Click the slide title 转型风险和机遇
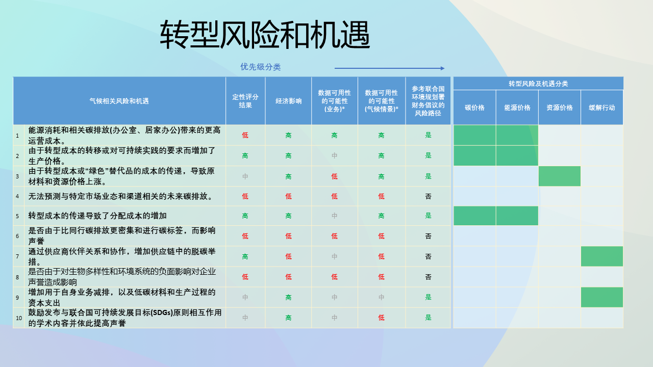[x=265, y=35]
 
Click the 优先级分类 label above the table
[x=260, y=67]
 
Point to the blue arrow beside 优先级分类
[x=389, y=68]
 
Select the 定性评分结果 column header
[x=245, y=101]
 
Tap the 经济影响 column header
[x=288, y=101]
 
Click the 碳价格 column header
[x=474, y=108]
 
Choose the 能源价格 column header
[x=517, y=108]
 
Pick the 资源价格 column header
[x=560, y=108]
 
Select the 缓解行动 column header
[x=602, y=108]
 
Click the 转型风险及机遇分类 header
[x=538, y=84]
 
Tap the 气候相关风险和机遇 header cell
[x=119, y=101]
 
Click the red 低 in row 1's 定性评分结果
[x=245, y=135]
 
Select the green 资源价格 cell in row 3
[x=560, y=176]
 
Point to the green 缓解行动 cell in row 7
[x=602, y=256]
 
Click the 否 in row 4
[x=428, y=196]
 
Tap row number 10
[x=19, y=318]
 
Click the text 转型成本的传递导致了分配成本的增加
[x=97, y=216]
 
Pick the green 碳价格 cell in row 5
[x=474, y=216]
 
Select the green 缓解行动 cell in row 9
[x=602, y=297]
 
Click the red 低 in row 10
[x=381, y=318]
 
